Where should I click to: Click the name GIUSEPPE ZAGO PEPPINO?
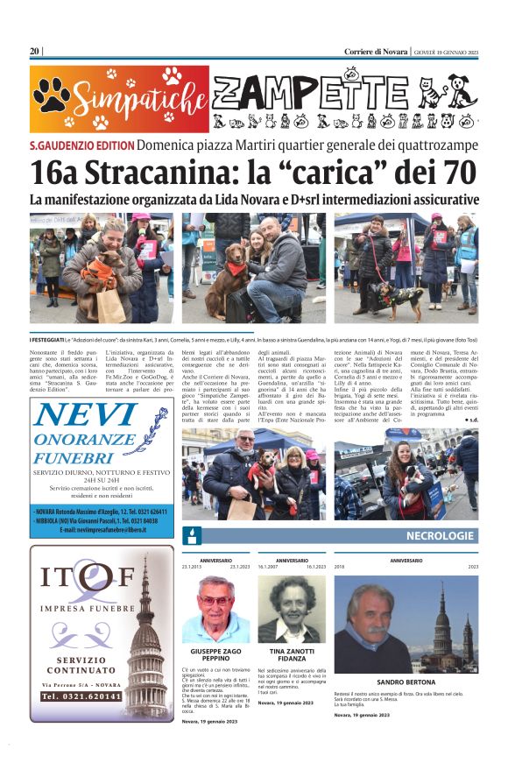click(x=215, y=657)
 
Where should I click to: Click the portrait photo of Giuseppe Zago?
click(x=215, y=609)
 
